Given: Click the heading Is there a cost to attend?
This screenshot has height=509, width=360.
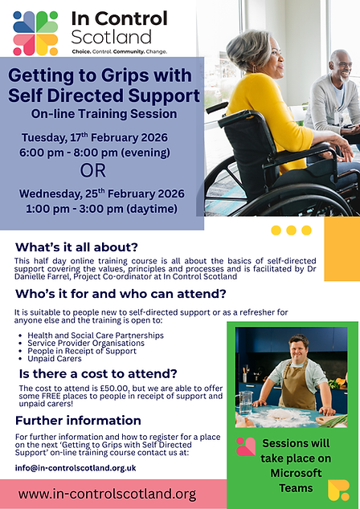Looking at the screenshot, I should click(99, 373).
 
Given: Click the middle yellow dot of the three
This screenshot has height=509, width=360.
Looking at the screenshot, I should click(292, 230).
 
